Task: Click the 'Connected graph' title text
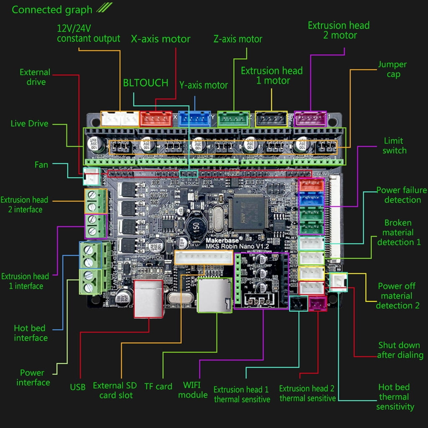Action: (x=52, y=10)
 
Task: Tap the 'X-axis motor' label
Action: (x=160, y=39)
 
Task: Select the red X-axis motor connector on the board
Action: (x=156, y=119)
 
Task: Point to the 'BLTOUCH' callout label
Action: (x=145, y=83)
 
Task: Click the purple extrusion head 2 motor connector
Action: (x=310, y=119)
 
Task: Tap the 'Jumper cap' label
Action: (x=392, y=69)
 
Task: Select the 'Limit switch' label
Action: (x=394, y=145)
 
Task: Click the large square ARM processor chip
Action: (x=250, y=212)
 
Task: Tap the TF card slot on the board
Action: (x=214, y=295)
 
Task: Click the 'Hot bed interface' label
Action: (x=31, y=333)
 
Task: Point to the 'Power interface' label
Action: (x=33, y=377)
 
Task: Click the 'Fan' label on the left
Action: (x=41, y=165)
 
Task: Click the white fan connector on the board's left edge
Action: (x=91, y=176)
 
